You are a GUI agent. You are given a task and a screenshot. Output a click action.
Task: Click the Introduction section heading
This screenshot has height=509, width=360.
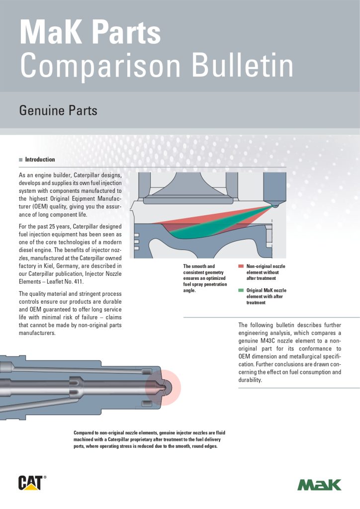pos(40,160)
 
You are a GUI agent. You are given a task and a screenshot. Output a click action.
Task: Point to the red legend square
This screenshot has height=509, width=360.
pos(241,266)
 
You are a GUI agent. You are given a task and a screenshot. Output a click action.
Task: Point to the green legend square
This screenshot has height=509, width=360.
pos(241,290)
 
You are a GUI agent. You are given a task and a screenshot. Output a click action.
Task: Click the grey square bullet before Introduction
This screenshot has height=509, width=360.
pos(20,160)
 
